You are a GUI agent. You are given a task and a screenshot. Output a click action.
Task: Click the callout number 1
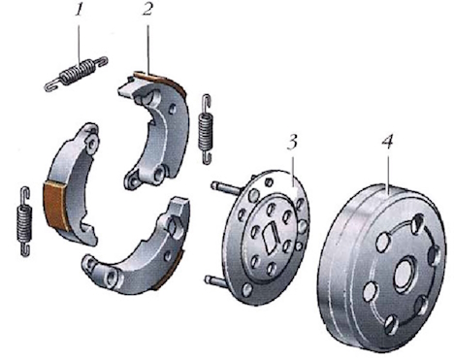[x=79, y=12]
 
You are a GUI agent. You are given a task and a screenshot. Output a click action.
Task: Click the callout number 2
[x=147, y=10]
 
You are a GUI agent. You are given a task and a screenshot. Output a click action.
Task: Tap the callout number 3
[x=292, y=143]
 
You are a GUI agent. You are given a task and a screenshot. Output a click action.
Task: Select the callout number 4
[x=387, y=142]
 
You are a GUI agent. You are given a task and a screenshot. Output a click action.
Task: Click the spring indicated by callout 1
[x=77, y=73]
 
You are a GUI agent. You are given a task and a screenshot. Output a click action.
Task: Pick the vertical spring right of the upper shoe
[x=206, y=129]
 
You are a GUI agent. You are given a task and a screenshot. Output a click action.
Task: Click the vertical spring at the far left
[x=24, y=221]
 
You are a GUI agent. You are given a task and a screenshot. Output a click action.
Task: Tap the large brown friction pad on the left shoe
[x=55, y=205]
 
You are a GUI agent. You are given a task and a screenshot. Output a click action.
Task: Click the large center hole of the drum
[x=405, y=274]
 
